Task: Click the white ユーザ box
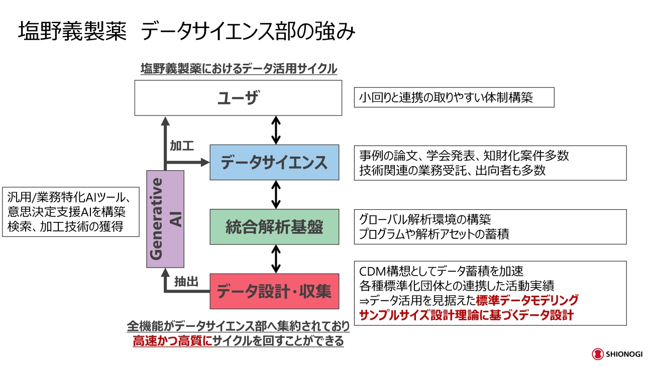(238, 97)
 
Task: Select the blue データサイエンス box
(274, 162)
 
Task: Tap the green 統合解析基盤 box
(274, 227)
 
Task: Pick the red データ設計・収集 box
(274, 291)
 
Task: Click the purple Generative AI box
(165, 219)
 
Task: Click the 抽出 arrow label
(186, 282)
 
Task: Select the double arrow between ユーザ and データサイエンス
(275, 130)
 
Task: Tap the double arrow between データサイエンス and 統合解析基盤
(275, 194)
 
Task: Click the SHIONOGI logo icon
(597, 354)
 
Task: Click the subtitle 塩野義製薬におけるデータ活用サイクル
(239, 69)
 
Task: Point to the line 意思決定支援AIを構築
(66, 211)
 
